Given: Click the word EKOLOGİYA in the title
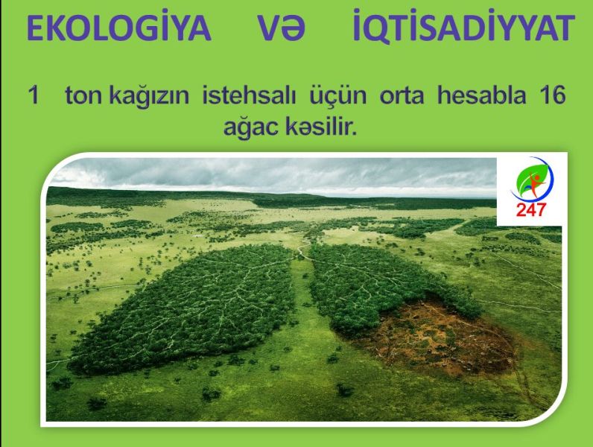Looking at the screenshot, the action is (118, 28).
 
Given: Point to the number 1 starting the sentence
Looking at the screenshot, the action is (34, 95).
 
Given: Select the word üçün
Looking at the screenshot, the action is (337, 95).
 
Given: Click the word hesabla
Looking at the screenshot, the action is (481, 95).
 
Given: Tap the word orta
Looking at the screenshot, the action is (402, 95).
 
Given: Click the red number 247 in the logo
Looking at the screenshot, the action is (531, 209).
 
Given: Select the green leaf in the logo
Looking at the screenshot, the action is (530, 178).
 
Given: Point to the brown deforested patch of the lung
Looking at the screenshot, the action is (435, 337).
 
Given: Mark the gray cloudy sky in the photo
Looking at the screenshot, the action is (273, 174).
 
